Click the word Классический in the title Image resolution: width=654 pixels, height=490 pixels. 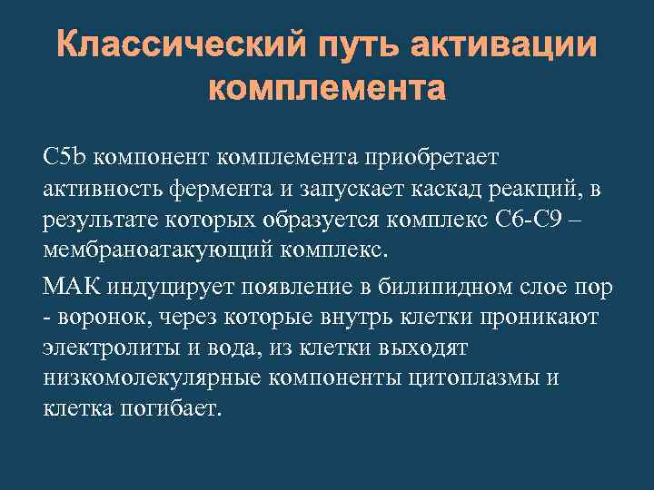tap(176, 45)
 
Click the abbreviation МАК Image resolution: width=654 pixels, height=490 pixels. tap(73, 288)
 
